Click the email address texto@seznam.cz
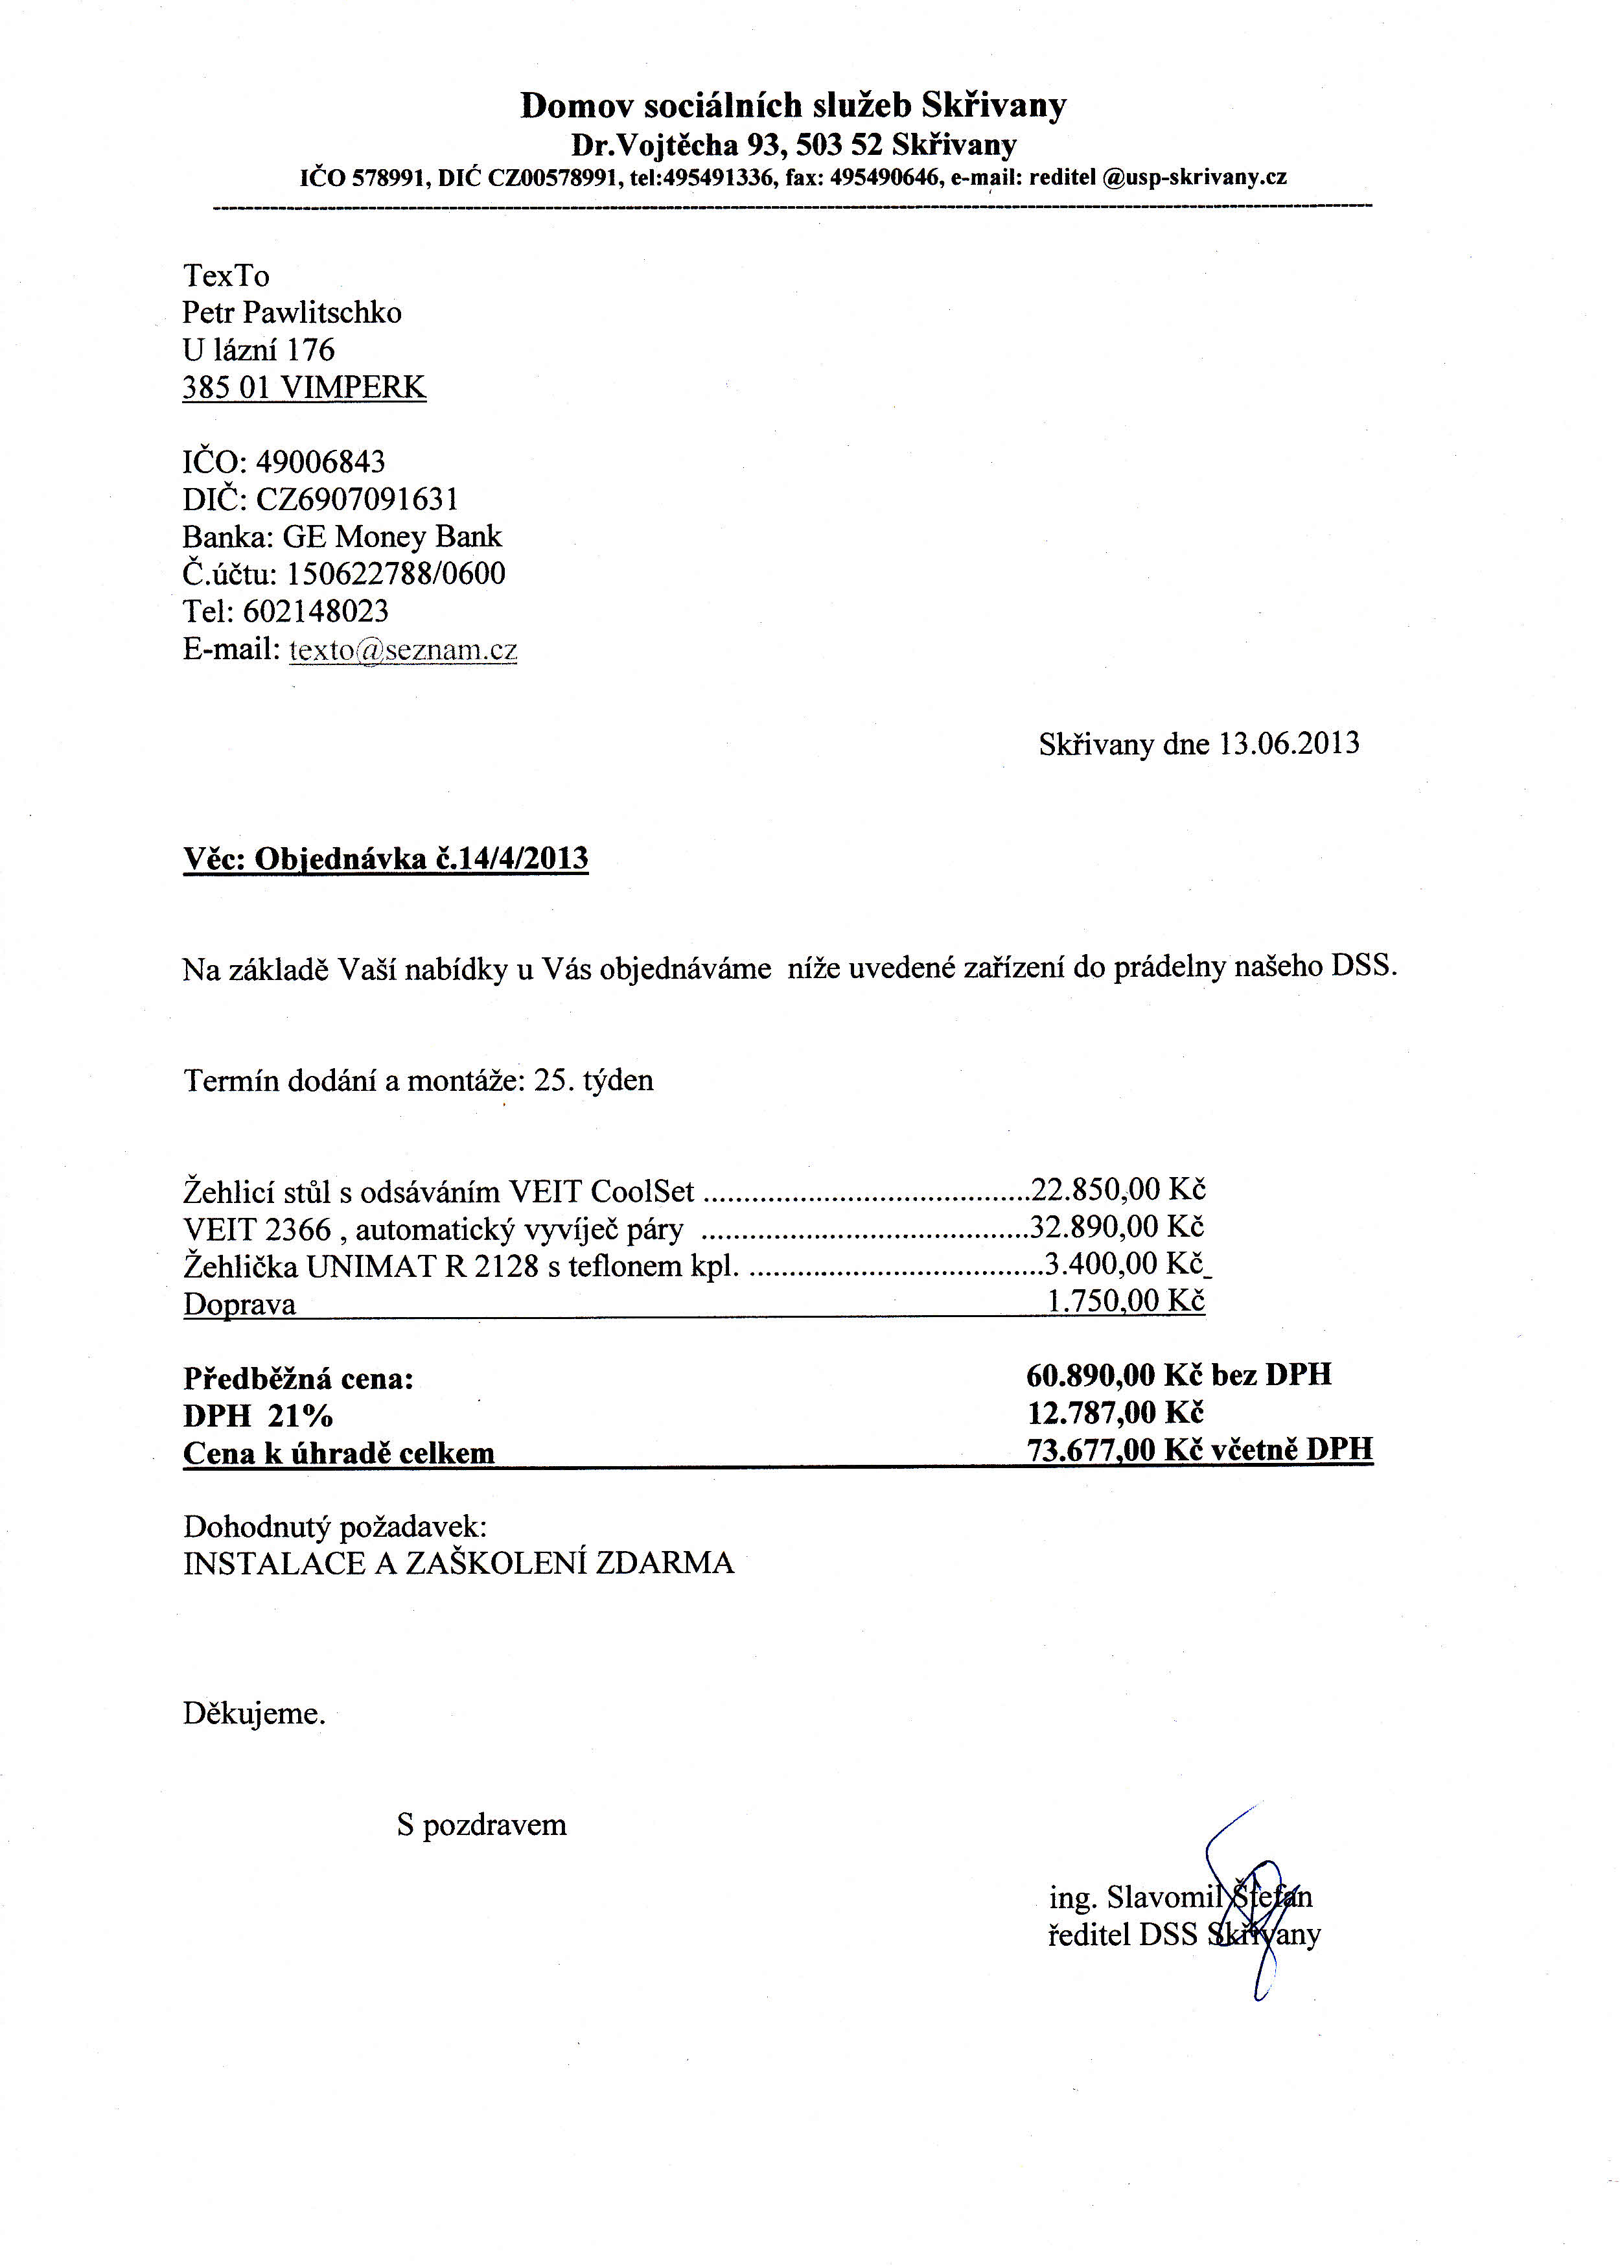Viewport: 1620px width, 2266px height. (x=403, y=651)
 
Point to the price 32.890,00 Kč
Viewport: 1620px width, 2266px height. (x=1117, y=1227)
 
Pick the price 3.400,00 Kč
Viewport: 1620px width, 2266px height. (x=1125, y=1264)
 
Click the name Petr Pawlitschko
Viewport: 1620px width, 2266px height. (x=292, y=313)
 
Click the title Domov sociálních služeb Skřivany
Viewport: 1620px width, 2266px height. (x=793, y=106)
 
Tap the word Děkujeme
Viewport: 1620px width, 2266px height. (x=253, y=1714)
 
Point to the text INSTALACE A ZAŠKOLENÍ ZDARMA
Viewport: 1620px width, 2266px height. (x=458, y=1563)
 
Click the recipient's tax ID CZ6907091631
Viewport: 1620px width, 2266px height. (x=357, y=500)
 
